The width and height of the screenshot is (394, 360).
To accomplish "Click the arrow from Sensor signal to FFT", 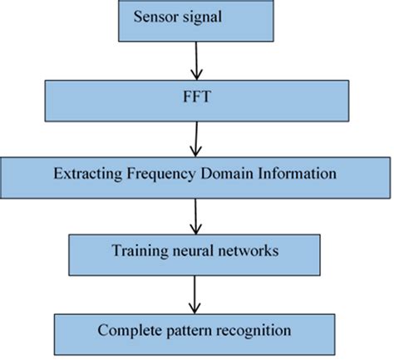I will (197, 60).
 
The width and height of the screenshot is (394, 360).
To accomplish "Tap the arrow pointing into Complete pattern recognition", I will (196, 294).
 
